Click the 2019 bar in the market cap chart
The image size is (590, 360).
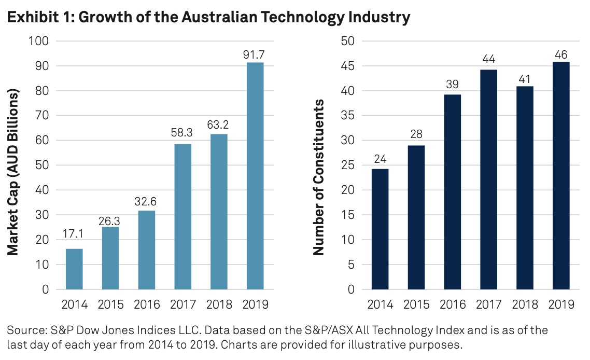coord(255,176)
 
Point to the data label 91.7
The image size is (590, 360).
coord(255,53)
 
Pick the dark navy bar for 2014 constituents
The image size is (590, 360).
coord(380,229)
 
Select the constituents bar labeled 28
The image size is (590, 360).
coord(416,217)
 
